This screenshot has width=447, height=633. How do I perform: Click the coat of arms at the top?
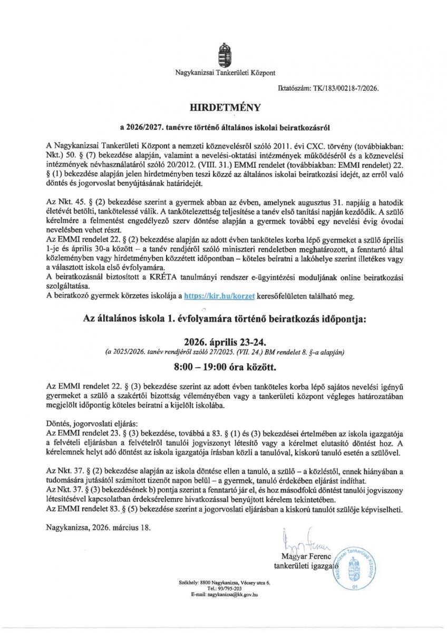[x=224, y=55]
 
